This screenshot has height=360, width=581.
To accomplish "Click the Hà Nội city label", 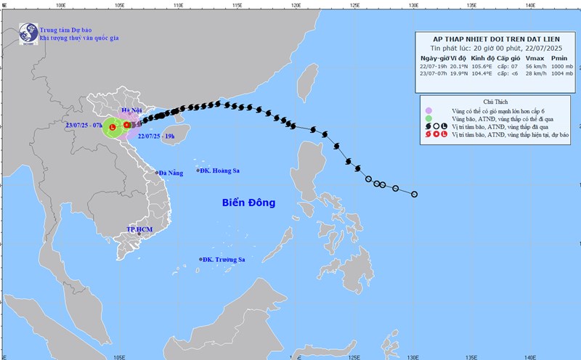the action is pos(131,110).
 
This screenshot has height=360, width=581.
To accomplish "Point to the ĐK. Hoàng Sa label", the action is pos(221,171).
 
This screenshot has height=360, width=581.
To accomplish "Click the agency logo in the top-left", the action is pos(28,33).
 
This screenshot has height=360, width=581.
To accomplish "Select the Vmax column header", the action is pos(534,57).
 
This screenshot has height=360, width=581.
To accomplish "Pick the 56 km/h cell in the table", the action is pos(535,66).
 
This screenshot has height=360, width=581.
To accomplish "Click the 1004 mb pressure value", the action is pos(561,75).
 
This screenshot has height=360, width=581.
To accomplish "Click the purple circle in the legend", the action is pos(431,110).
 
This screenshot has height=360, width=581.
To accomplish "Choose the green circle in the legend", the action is pos(431,118).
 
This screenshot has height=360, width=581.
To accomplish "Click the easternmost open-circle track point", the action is pos(415,194).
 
